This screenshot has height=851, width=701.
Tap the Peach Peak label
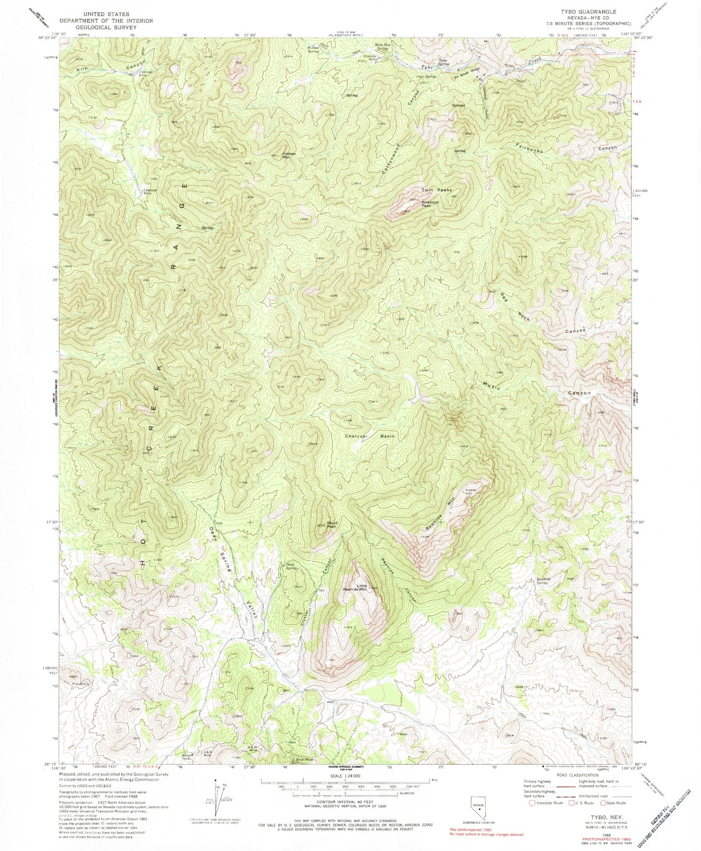332,524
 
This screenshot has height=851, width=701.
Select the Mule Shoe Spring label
381,47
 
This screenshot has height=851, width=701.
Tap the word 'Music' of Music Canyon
491,385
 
